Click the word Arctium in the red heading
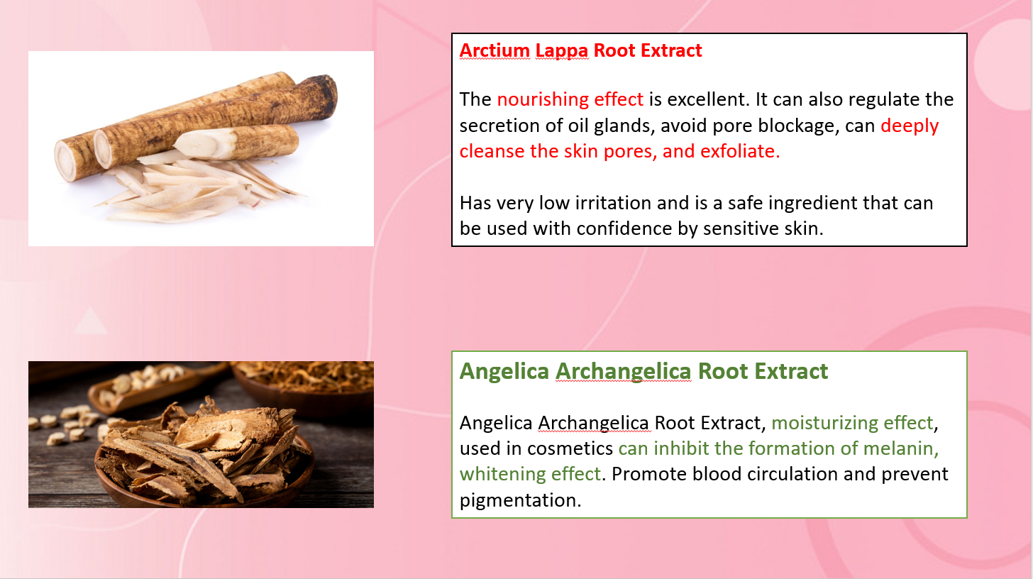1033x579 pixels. [495, 50]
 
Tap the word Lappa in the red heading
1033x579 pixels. [562, 51]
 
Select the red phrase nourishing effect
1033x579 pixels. [570, 99]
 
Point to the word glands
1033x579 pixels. [624, 126]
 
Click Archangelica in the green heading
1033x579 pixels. [623, 372]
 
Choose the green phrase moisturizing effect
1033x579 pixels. [852, 423]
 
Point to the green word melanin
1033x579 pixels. [900, 448]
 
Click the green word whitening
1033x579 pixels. [502, 474]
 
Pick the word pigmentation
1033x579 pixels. [521, 500]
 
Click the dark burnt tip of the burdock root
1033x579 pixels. [324, 94]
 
